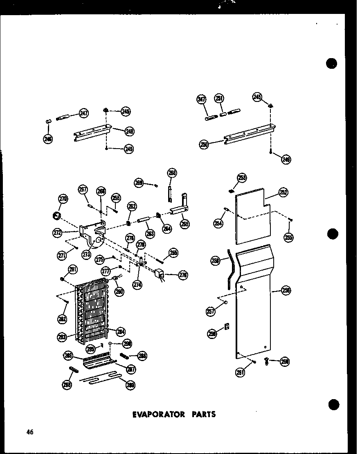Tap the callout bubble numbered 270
click(x=63, y=199)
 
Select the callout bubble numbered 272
click(x=57, y=233)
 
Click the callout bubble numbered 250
click(x=204, y=144)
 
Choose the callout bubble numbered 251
click(x=220, y=99)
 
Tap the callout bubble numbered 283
click(x=62, y=337)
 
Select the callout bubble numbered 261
click(x=241, y=373)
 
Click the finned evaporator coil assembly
click(x=92, y=311)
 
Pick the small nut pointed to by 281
click(x=62, y=279)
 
